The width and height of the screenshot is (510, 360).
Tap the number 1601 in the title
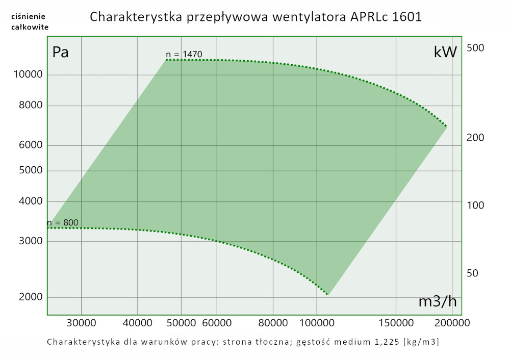[407, 17]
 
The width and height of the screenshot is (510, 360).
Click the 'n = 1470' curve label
[185, 55]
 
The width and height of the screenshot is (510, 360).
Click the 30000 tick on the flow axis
[82, 322]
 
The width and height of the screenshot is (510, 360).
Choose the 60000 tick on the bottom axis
[217, 322]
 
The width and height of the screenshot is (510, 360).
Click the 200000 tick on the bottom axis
[452, 322]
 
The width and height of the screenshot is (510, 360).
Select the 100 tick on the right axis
[475, 205]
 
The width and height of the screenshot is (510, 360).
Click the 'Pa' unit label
[61, 52]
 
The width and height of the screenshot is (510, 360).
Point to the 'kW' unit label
[445, 52]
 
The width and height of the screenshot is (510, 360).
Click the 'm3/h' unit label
[437, 301]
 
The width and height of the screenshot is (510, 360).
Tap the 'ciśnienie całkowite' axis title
[30, 22]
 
